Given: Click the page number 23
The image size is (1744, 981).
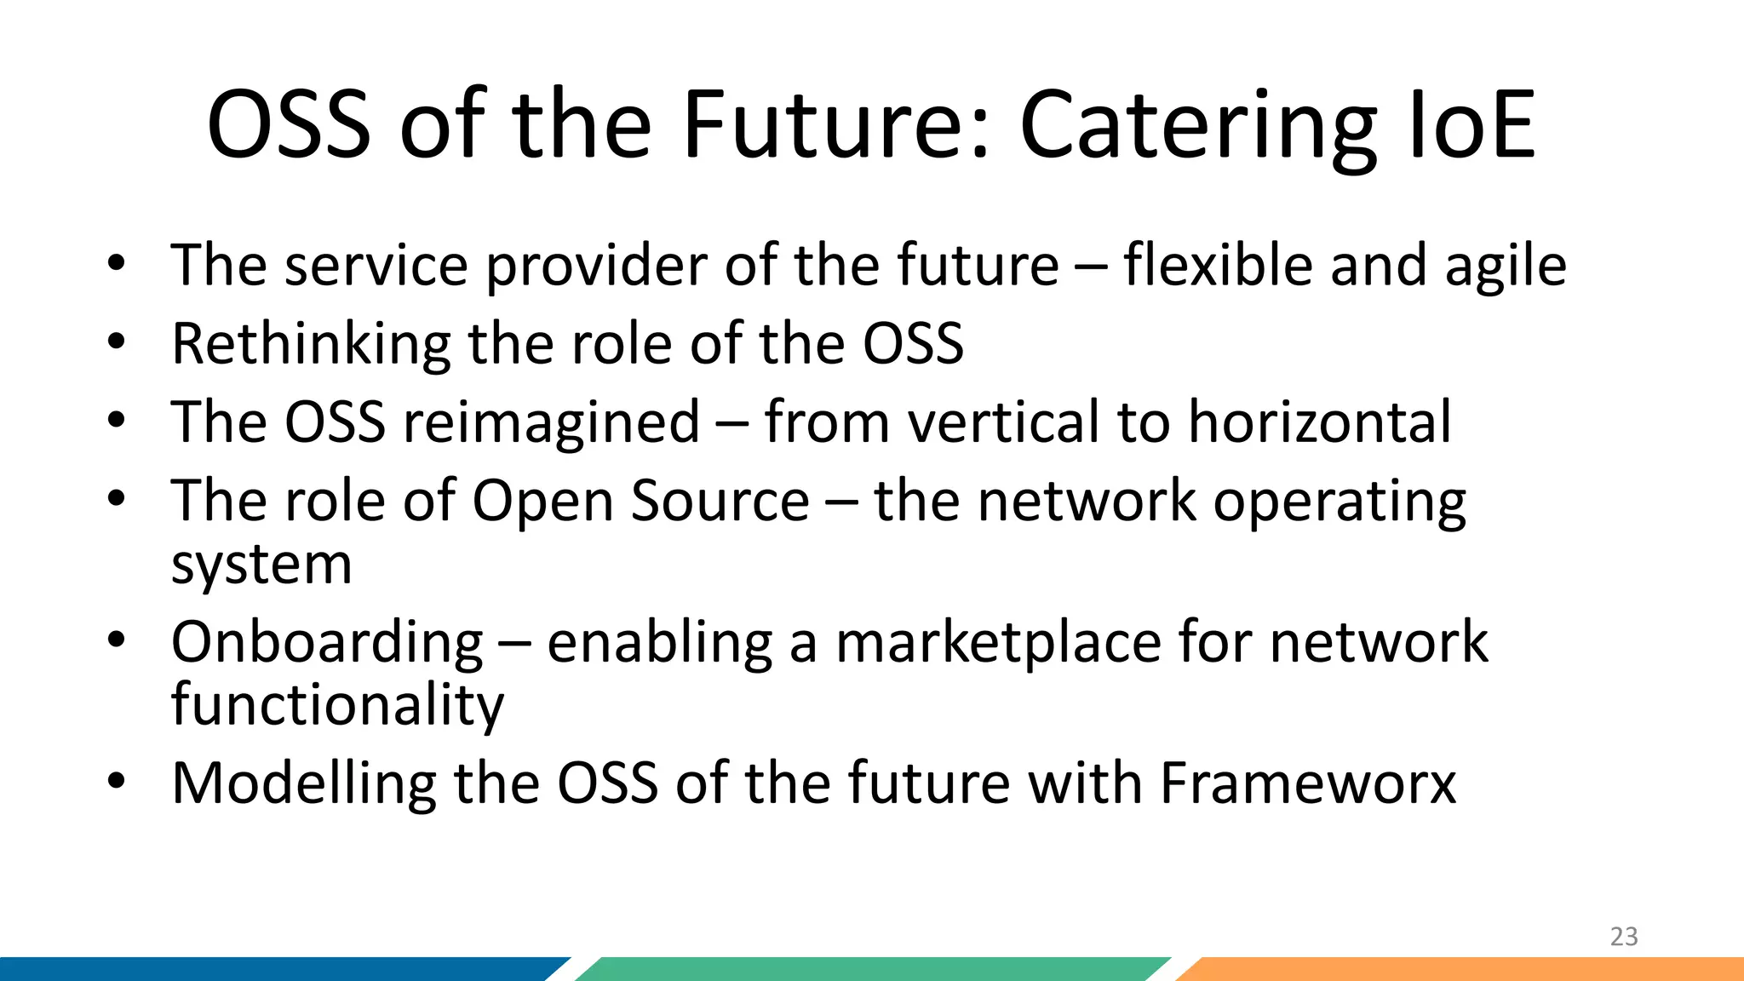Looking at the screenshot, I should [x=1623, y=937].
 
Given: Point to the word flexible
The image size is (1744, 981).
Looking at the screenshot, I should [x=1218, y=265].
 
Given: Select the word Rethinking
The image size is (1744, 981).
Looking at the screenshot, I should [x=311, y=344].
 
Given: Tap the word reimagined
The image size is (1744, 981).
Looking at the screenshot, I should [x=551, y=423].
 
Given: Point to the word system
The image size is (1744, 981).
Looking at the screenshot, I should [x=261, y=565].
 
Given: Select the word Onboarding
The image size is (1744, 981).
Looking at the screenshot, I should [x=327, y=642].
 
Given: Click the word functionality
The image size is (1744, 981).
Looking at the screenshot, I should [x=337, y=705].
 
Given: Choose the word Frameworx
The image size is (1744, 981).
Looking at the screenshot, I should [x=1308, y=783].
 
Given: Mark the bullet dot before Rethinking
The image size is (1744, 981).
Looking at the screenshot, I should [x=117, y=341].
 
